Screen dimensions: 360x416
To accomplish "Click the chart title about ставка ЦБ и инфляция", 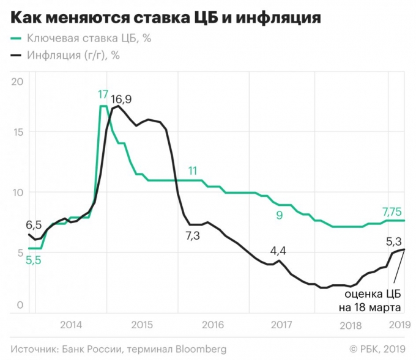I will [x=165, y=17].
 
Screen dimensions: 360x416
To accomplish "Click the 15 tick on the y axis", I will [x=17, y=133].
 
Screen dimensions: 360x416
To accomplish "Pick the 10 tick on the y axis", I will [x=17, y=193].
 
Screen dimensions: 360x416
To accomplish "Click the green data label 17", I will [x=103, y=95].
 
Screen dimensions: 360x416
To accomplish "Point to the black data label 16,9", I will [x=121, y=99].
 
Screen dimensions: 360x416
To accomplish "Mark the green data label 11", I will [x=193, y=171].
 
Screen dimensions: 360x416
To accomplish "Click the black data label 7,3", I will [x=193, y=235].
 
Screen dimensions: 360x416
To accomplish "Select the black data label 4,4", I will [x=278, y=249].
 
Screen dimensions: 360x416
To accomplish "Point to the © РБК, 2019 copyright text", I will [x=377, y=349].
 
